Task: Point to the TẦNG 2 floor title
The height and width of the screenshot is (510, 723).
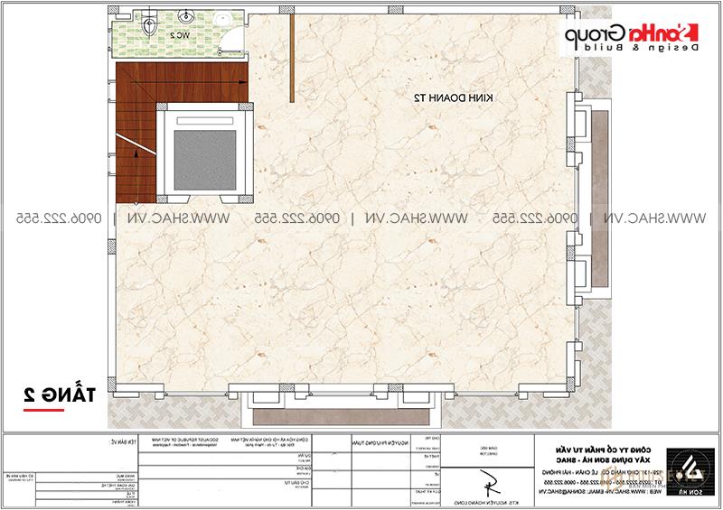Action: click(x=53, y=393)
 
